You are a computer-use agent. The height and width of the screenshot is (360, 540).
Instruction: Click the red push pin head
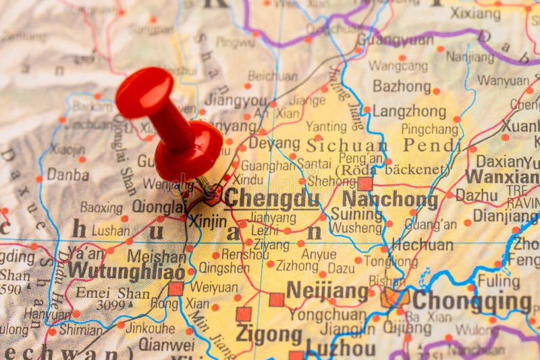[x=144, y=93]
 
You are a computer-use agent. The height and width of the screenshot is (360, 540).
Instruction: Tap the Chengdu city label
[x=271, y=199]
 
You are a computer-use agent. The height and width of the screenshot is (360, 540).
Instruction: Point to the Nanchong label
[x=390, y=199]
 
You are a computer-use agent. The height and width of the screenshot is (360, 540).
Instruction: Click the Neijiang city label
[x=327, y=290]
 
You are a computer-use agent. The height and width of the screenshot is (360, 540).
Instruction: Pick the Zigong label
[x=269, y=334]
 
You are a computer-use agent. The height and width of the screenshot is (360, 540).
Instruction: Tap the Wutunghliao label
[x=126, y=271]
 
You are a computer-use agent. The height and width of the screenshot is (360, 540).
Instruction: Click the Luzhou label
[x=340, y=349]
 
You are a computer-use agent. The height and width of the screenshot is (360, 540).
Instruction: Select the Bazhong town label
[x=402, y=86]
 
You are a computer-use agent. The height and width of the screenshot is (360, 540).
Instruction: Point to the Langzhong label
[x=410, y=111]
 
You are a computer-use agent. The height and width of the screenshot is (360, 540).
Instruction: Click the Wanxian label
[x=502, y=177]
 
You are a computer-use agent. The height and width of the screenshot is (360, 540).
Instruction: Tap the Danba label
[x=67, y=174]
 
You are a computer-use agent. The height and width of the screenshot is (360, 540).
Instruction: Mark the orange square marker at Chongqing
[x=391, y=298]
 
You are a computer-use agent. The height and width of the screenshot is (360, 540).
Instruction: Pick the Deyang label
[x=274, y=143]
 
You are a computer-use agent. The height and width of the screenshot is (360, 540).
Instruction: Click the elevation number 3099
[x=110, y=305]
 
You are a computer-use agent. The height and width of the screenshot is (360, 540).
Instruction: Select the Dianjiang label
[x=505, y=215]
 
